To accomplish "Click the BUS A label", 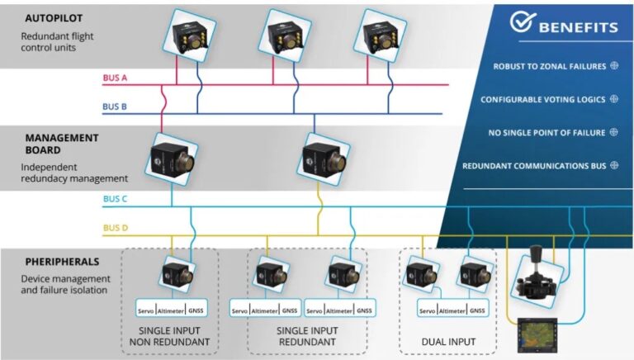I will (x=114, y=78).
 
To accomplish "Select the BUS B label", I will (x=114, y=107).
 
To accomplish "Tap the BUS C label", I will (x=114, y=199).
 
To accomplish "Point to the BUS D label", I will (x=114, y=228).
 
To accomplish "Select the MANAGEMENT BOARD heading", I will (x=61, y=144).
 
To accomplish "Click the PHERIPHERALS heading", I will (x=64, y=262).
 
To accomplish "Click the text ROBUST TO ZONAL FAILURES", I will (x=549, y=66).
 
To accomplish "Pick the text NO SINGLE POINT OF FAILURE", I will (x=548, y=132).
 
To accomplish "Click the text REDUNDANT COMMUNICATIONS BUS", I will (x=534, y=166).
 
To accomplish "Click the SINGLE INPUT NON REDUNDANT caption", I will (x=170, y=335).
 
